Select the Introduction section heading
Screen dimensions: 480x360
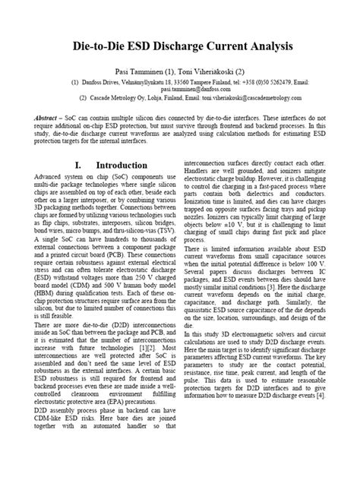(x=117, y=166)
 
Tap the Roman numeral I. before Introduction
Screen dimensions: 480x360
(x=77, y=166)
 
